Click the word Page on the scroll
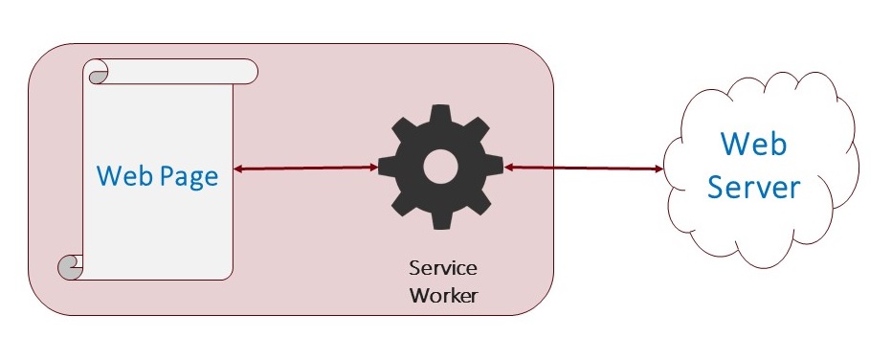[x=189, y=177]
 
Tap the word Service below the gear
[x=443, y=268]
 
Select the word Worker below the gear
[x=444, y=296]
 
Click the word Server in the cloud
[x=754, y=187]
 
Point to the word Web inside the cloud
[x=754, y=144]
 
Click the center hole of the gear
[x=440, y=167]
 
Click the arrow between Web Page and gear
[x=305, y=168]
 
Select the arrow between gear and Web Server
[x=584, y=168]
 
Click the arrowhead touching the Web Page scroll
[x=237, y=169]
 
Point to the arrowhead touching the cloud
[x=659, y=169]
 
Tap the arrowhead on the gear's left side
[x=373, y=168]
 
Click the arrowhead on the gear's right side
[x=508, y=168]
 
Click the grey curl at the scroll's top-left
[x=98, y=77]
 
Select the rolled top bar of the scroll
[x=170, y=71]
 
